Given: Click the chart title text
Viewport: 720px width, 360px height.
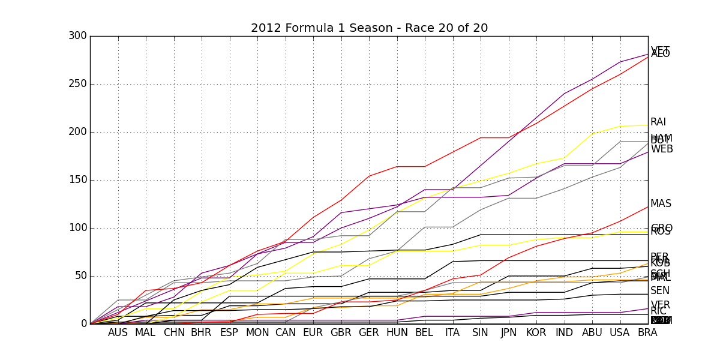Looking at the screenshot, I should coord(369,28).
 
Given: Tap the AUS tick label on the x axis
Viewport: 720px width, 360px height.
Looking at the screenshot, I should coord(118,333).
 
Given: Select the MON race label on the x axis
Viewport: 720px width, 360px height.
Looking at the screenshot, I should coord(257,333).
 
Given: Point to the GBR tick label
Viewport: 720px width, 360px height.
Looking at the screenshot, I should coord(341,333).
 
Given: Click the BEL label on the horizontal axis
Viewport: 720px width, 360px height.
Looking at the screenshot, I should coord(424,333).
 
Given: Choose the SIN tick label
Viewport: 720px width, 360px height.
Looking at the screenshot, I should coord(480,333).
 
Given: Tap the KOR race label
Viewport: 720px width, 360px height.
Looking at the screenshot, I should coord(536,333).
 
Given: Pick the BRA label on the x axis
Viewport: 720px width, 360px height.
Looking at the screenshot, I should coord(647,333).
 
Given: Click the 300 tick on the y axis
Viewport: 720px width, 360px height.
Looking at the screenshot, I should coord(77,36).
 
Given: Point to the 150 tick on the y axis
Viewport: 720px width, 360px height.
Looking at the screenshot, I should coord(77,180).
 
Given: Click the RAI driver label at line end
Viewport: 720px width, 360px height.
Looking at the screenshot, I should coord(658,122).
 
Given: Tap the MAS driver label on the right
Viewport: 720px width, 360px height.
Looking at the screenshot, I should coord(661,204).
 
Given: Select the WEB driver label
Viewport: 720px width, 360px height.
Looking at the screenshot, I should coord(662,149).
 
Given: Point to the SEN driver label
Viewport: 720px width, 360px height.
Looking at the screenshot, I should coord(660,291).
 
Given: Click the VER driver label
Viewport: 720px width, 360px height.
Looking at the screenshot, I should coord(660,305).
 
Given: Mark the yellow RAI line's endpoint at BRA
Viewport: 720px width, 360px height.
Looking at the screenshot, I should coord(648,125).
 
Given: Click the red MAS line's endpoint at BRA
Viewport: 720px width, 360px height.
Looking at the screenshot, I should coord(648,207).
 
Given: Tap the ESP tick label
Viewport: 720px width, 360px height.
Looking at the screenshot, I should coord(229,333).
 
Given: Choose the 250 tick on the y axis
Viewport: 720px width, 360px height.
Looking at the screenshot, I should coord(77,84).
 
